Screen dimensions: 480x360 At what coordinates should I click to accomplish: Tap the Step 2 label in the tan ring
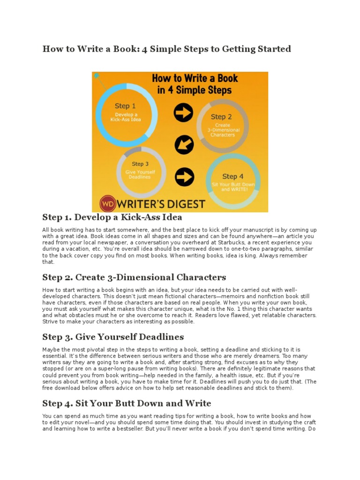pos(221,117)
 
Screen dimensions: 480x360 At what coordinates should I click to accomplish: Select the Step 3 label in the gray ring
pos(140,164)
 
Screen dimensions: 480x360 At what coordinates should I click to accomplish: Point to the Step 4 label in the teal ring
pos(233,176)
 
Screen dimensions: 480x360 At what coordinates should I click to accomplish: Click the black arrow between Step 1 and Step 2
pos(183,112)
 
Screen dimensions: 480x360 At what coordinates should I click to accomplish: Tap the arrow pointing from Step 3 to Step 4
pos(184,176)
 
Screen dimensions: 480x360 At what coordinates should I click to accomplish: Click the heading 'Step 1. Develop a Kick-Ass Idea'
pos(112,217)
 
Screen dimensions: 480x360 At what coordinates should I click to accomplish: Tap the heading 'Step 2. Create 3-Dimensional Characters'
pos(134,277)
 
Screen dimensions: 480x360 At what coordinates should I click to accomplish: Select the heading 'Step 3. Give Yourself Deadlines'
pos(113,337)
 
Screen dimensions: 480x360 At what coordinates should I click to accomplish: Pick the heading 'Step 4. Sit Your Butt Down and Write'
pos(127,403)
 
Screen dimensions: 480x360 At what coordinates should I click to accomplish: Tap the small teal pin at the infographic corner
pos(97,75)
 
